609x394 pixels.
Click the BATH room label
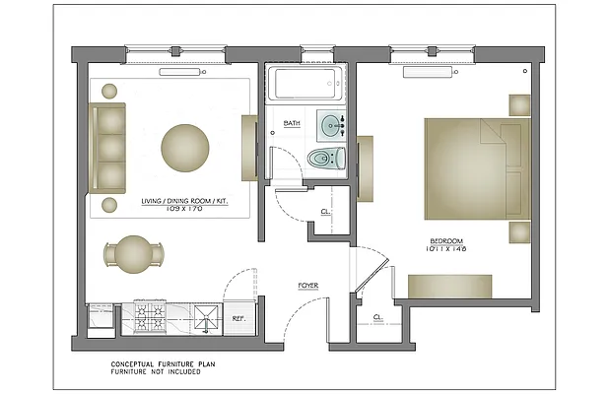(292, 123)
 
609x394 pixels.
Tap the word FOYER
(308, 286)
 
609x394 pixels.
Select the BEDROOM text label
(446, 241)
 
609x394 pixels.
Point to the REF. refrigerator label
(238, 319)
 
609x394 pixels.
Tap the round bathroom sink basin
(330, 125)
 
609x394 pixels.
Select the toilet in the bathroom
(324, 158)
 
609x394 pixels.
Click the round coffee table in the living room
(185, 149)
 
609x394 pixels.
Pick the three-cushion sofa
(108, 148)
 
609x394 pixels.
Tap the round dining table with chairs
(134, 255)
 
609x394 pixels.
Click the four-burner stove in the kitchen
(152, 319)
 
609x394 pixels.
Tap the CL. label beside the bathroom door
(325, 213)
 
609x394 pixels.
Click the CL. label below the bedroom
(378, 317)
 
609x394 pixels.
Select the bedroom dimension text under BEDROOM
(446, 250)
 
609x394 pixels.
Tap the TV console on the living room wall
(249, 148)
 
